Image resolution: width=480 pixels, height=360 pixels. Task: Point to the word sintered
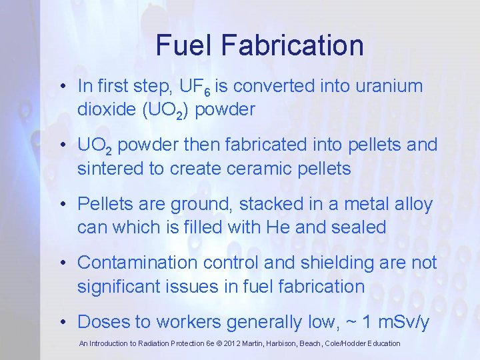point(110,169)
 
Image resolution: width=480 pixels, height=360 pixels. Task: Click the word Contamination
point(138,263)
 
